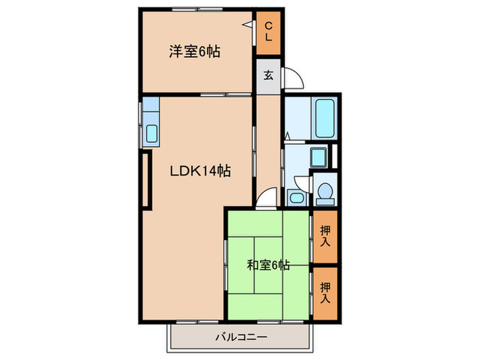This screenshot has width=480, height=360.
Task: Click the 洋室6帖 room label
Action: tap(195, 51)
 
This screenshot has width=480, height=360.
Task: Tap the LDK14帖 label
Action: tap(200, 172)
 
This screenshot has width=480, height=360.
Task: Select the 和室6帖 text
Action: tap(268, 265)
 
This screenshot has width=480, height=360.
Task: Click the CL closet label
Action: tap(269, 32)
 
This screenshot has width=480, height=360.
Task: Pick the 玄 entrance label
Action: tap(269, 75)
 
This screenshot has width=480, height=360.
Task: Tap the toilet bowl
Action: tap(324, 194)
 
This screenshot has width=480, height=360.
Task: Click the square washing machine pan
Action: tap(317, 158)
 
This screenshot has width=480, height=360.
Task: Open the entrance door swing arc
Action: tap(294, 78)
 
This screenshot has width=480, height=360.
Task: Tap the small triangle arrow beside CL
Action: tap(245, 25)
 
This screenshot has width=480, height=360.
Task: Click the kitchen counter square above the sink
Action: tap(151, 108)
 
